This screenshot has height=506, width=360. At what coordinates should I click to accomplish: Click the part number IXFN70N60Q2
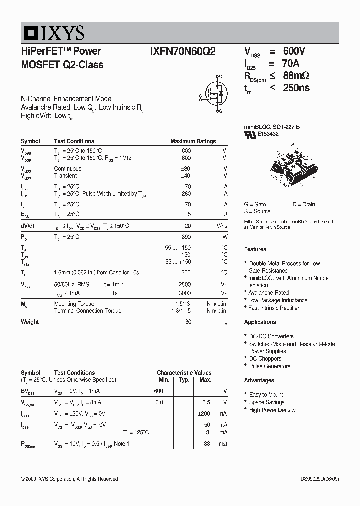coord(183,51)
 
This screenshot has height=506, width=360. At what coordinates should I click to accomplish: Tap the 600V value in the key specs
coord(294,51)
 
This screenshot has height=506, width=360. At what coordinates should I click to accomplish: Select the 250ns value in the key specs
coord(296,88)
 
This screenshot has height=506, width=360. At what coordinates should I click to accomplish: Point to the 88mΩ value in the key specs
coord(296,76)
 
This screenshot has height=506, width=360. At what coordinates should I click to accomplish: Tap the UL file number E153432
coord(269,134)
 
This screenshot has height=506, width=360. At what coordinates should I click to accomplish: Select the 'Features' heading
coord(255,249)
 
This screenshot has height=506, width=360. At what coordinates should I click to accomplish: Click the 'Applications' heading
coord(260,322)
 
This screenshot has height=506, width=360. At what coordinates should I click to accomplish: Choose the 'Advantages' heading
coord(259,380)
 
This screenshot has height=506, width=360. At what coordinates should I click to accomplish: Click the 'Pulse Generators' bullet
coord(270,366)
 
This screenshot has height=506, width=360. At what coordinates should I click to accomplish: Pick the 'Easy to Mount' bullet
coord(266,394)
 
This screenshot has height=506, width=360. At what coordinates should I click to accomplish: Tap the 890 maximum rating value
coord(186,237)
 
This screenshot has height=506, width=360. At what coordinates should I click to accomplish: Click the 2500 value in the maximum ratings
coord(185,284)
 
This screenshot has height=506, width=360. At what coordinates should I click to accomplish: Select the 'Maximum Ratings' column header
coord(193,141)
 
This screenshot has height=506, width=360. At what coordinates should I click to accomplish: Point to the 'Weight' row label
coord(30,322)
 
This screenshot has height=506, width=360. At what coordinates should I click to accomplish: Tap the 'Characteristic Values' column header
coord(184,373)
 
